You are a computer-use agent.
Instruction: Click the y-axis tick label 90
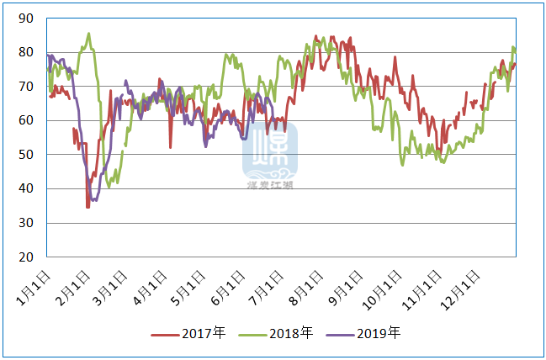tap(25, 18)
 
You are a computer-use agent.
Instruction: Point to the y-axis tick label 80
tap(25, 52)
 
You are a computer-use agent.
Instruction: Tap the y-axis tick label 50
tap(25, 155)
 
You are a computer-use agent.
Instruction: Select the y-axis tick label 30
tap(25, 223)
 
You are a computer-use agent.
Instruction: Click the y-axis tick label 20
tap(25, 257)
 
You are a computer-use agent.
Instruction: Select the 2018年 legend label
tap(290, 333)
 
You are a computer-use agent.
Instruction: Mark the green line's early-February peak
tap(88, 34)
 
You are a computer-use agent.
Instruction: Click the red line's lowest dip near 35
tap(87, 206)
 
